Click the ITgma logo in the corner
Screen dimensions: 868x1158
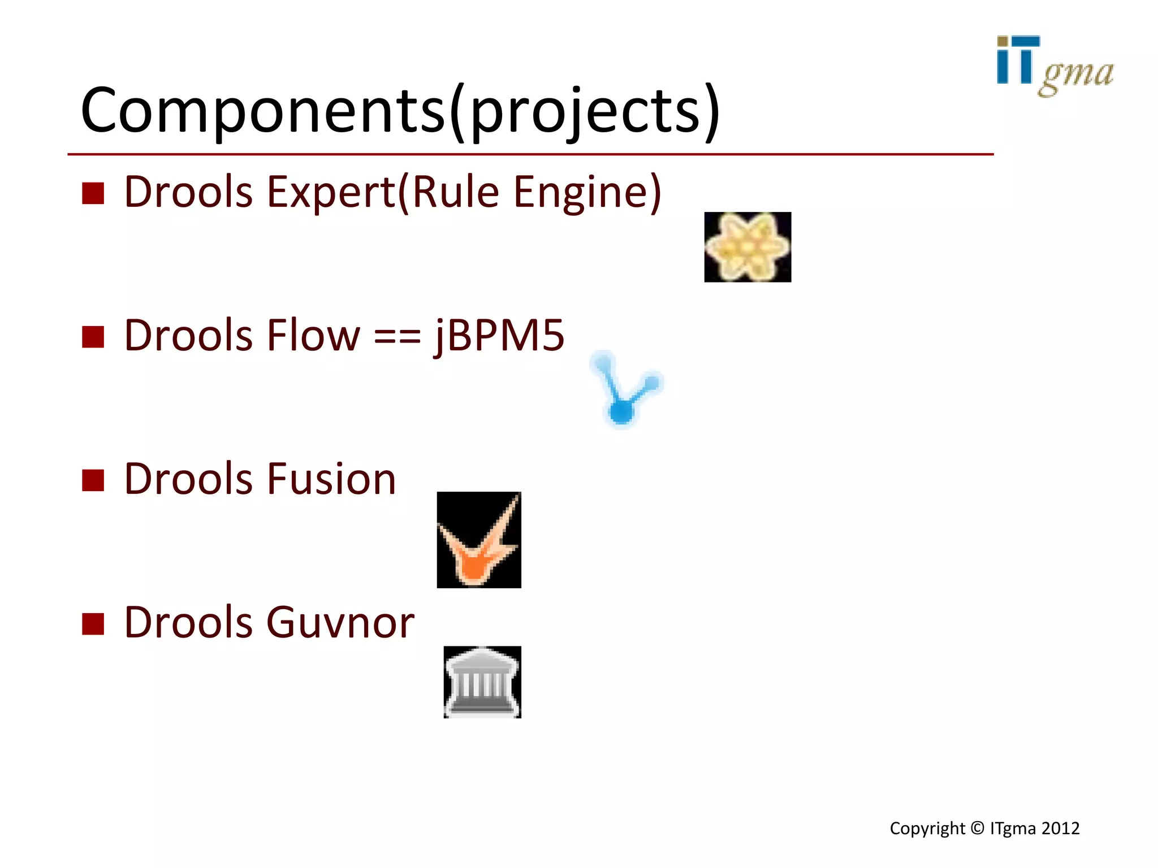[x=1054, y=66]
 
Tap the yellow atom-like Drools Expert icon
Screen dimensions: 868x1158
[x=747, y=247]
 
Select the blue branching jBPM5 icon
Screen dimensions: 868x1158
[x=625, y=390]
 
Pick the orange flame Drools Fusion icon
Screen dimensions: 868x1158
[x=479, y=540]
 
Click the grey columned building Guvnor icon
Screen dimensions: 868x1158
[x=482, y=682]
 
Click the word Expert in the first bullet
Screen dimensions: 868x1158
[x=331, y=192]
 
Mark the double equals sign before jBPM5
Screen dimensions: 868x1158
[x=397, y=338]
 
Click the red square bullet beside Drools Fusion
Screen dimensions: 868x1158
[x=93, y=480]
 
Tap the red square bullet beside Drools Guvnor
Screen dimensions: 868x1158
[x=93, y=624]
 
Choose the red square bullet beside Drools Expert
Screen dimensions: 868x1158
[x=93, y=193]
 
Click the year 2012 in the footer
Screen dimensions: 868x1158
[x=1061, y=828]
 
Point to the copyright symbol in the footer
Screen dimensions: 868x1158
[x=978, y=828]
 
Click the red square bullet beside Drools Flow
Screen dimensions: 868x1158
[x=93, y=337]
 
